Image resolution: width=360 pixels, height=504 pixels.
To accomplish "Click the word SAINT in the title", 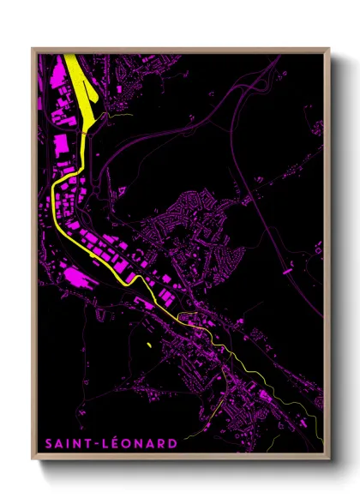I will click(67, 443).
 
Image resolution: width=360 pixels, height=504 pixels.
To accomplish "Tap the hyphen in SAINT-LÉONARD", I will click(97, 444).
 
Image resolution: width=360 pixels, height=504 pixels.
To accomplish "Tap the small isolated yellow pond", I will click(148, 344).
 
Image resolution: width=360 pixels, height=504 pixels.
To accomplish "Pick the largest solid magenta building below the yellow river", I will click(75, 276).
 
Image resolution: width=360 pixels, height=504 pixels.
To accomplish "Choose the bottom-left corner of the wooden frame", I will click(33, 461).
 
